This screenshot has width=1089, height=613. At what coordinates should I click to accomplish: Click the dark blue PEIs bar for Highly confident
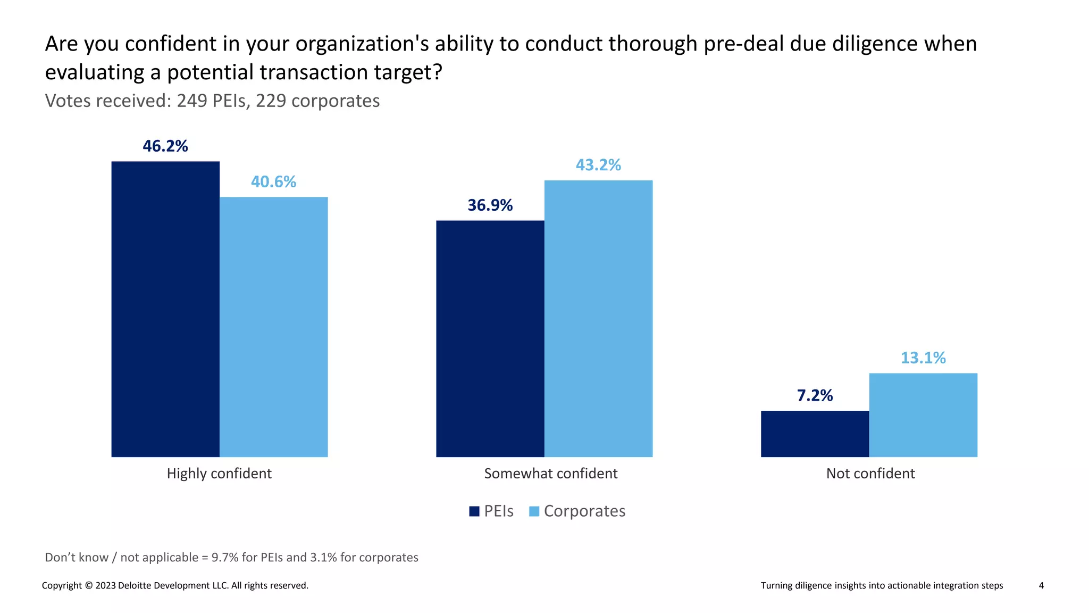[165, 309]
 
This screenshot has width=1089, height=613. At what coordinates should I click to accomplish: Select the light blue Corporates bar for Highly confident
[274, 327]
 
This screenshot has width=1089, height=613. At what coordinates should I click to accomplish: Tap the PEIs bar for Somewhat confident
[490, 338]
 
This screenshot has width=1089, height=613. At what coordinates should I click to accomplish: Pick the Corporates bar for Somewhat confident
[598, 318]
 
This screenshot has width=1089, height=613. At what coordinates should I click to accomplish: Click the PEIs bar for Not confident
[815, 434]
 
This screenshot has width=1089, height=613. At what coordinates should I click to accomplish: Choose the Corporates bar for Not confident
[923, 415]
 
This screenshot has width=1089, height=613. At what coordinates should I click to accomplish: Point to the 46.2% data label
[165, 146]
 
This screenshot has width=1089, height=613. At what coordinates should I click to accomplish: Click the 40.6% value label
[273, 182]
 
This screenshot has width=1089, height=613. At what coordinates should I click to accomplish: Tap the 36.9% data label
[490, 205]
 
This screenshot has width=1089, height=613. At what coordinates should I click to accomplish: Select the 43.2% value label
[598, 165]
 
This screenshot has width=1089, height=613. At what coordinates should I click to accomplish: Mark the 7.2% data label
[815, 395]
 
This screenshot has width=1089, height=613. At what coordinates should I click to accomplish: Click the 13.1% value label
[923, 358]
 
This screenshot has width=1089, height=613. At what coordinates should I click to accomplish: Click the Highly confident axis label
[219, 474]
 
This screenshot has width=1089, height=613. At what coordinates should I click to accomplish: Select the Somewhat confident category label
[551, 474]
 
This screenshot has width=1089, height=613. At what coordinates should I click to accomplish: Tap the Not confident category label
[870, 474]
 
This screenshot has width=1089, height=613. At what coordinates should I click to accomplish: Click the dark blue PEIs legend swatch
[474, 511]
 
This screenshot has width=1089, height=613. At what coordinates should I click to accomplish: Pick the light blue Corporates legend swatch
[534, 511]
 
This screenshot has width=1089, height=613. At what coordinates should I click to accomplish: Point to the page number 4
[1041, 585]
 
